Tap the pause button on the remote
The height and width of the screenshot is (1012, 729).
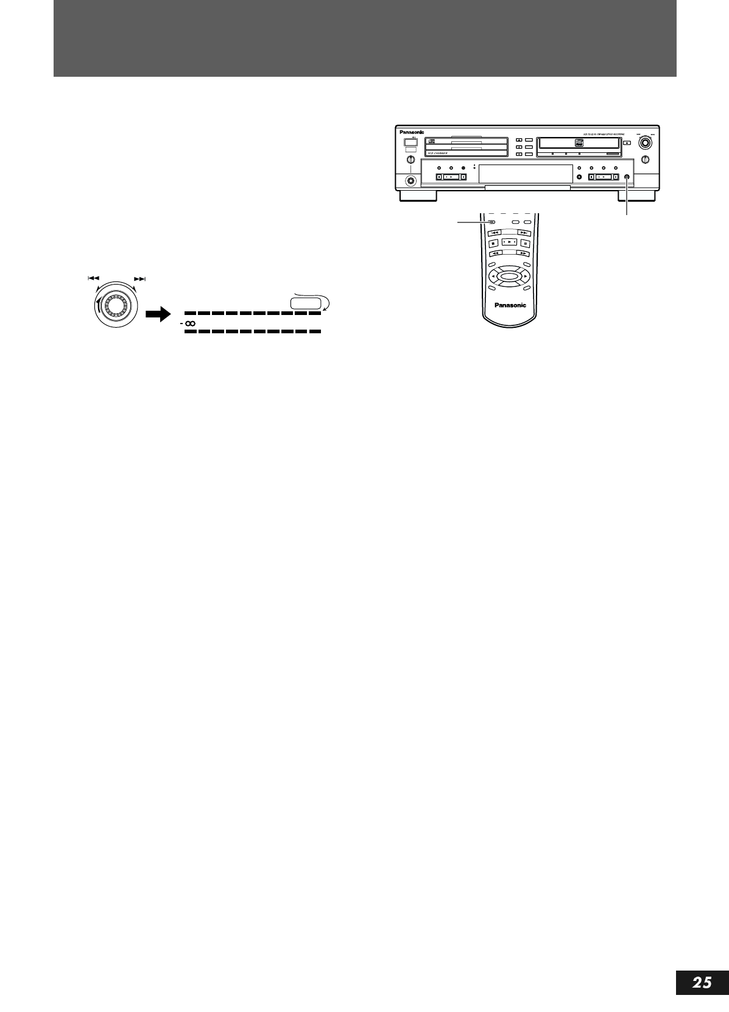click(x=524, y=242)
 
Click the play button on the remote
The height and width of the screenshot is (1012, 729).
click(x=509, y=242)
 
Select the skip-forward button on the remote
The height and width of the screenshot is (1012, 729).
click(x=523, y=232)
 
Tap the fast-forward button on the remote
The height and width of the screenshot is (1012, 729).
click(x=523, y=253)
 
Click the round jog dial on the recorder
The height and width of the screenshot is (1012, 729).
click(x=645, y=143)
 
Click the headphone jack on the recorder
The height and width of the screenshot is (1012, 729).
click(x=411, y=180)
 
